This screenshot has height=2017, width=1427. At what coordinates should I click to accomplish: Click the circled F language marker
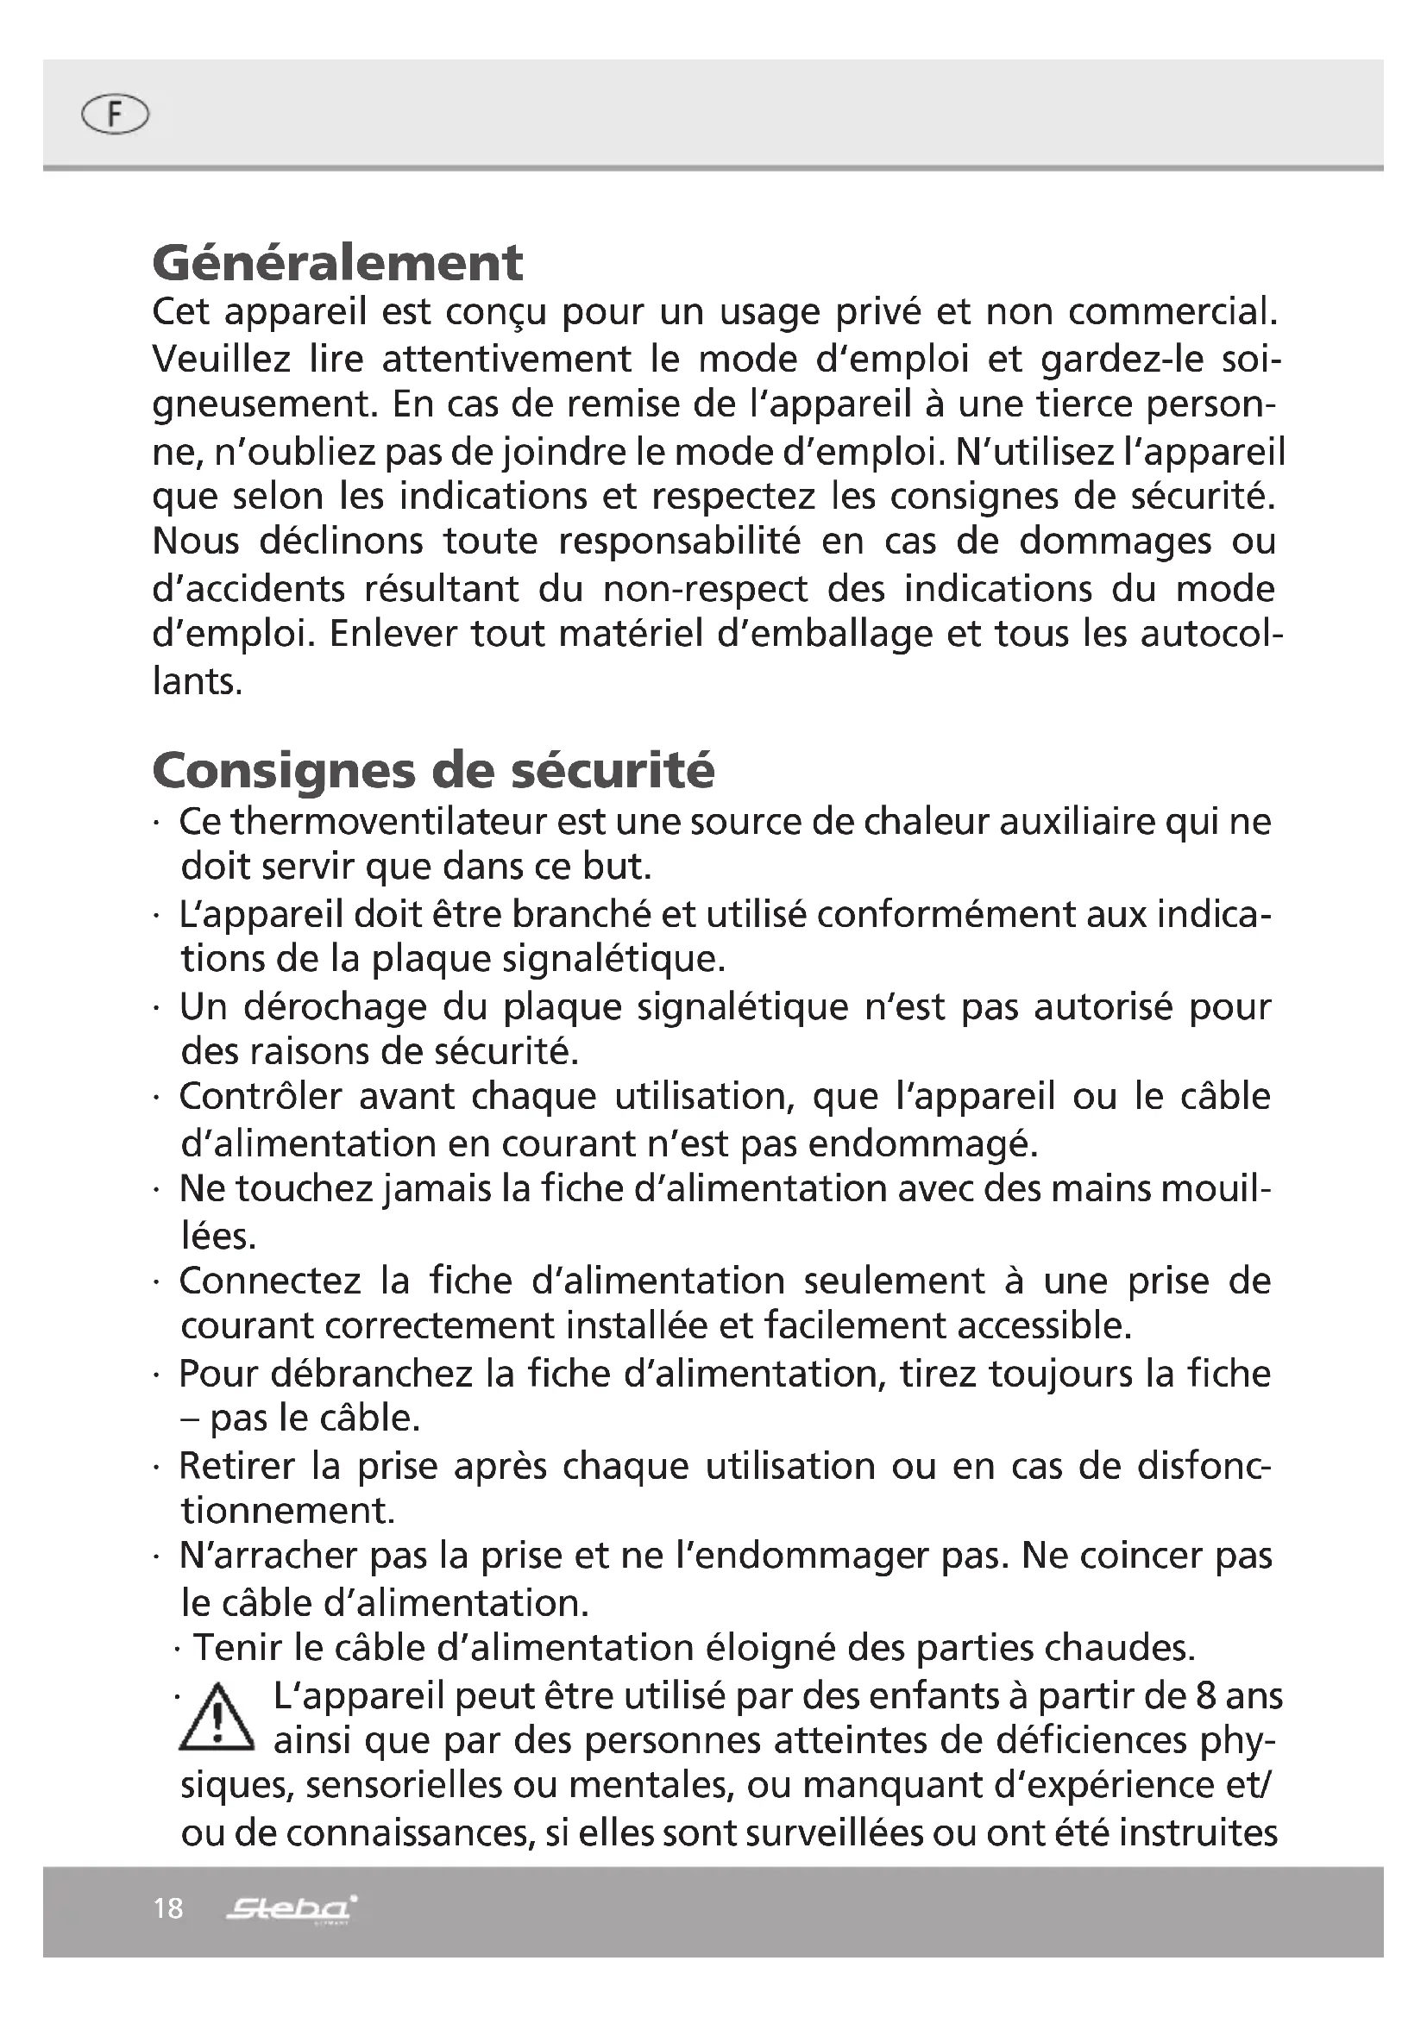tap(114, 114)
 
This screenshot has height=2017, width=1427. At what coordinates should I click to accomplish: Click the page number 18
tap(168, 1908)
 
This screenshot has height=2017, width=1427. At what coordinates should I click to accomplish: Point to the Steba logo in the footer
tap(291, 1908)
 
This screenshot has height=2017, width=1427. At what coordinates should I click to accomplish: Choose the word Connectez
tap(270, 1281)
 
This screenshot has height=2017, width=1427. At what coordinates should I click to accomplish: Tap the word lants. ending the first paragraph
tap(196, 681)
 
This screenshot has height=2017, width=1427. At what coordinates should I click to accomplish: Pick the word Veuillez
tap(221, 359)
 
